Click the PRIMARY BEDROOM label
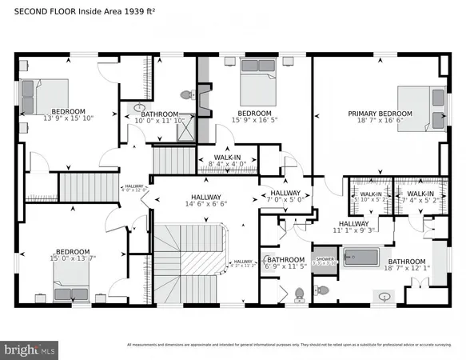click(x=380, y=114)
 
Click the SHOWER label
click(x=324, y=259)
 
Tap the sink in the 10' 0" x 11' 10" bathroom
click(x=139, y=108)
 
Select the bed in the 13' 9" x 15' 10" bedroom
click(x=45, y=94)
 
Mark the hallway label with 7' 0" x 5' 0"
click(x=285, y=194)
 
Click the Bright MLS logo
click(x=30, y=349)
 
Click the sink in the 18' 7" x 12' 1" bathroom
click(x=386, y=297)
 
